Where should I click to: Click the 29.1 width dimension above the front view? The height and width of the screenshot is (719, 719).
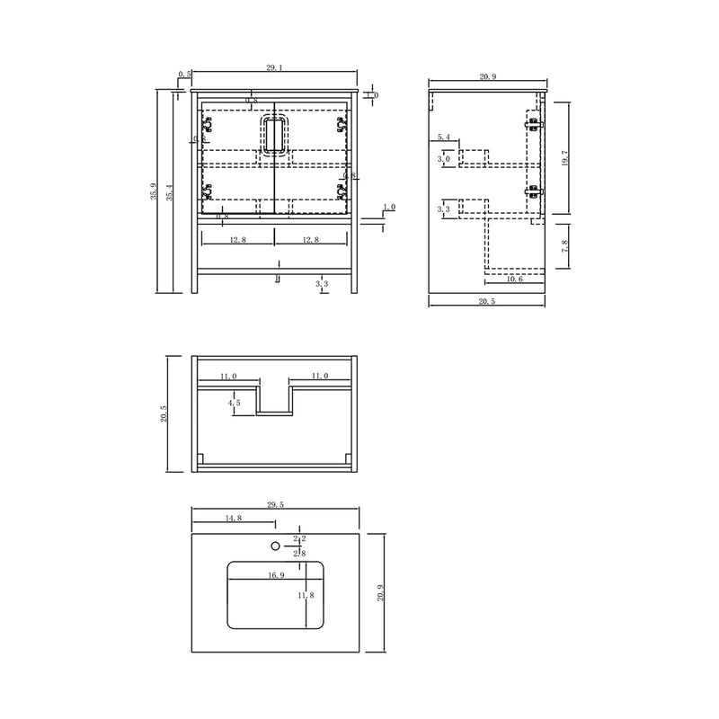pos(275,67)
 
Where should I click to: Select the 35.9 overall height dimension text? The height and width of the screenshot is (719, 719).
pos(155,191)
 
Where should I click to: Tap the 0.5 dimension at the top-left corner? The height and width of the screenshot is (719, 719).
pos(183,74)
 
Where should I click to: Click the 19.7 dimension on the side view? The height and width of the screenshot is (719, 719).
pos(564,159)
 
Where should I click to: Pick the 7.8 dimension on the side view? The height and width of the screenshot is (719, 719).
pos(564,247)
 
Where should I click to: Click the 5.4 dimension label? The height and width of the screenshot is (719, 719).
pos(443,138)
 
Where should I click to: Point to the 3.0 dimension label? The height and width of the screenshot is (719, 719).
pos(443,159)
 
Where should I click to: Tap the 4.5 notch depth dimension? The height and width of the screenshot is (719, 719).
pos(235,404)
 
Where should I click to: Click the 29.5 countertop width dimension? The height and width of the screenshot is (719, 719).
pos(275,506)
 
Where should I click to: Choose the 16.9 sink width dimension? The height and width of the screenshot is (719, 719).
pos(275,576)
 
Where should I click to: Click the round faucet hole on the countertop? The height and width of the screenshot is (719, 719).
pos(276,545)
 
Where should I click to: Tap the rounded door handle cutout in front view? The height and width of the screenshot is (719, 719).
pos(274,137)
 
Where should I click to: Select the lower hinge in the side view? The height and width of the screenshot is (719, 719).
pos(535,191)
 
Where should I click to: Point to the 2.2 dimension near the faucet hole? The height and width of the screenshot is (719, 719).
pos(299,539)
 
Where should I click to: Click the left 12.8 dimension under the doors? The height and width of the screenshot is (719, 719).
pos(237,240)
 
